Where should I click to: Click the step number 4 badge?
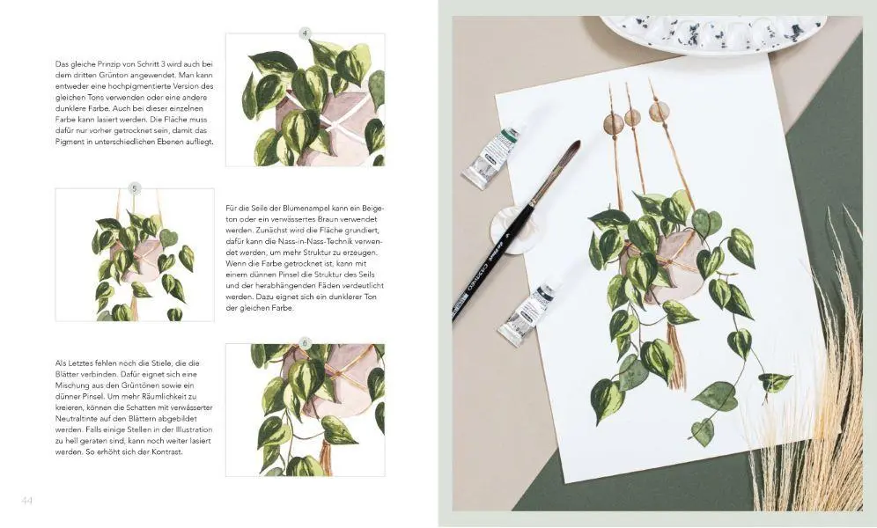(305, 33)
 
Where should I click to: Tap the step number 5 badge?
(134, 188)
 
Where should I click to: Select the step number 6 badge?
(305, 343)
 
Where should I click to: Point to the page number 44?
(26, 501)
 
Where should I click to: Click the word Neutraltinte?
(74, 419)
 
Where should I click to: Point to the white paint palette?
(713, 33)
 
